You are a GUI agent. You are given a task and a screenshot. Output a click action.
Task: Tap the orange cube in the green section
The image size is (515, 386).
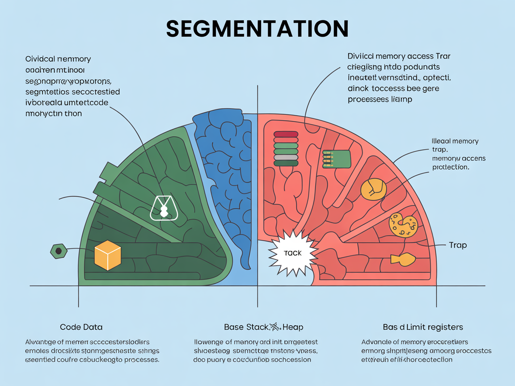[108, 255]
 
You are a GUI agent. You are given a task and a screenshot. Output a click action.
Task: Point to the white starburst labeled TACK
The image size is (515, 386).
[292, 253]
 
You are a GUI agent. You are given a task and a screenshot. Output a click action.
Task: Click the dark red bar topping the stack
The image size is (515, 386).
[286, 134]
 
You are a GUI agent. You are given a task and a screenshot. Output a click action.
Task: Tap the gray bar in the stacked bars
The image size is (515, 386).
[286, 157]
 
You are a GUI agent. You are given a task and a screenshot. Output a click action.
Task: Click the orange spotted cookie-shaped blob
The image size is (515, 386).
[403, 224]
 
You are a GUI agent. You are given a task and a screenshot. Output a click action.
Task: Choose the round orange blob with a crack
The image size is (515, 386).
[373, 189]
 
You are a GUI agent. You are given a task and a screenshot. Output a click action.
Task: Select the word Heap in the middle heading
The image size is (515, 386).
[292, 327]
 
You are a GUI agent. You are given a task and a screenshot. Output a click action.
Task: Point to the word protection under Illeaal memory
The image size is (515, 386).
[450, 167]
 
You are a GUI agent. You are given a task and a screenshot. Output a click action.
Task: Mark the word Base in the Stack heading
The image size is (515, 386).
[234, 327]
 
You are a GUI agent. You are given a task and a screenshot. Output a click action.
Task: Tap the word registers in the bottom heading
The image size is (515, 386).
[447, 327]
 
